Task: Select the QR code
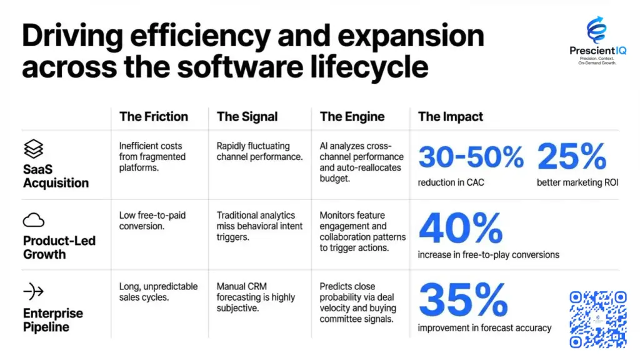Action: pyautogui.click(x=597, y=319)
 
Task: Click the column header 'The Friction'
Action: pyautogui.click(x=153, y=116)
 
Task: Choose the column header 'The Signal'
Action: pyautogui.click(x=247, y=116)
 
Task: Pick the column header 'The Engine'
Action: pyautogui.click(x=352, y=116)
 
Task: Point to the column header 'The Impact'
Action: pyautogui.click(x=450, y=116)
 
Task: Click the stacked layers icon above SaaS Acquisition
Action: pyautogui.click(x=33, y=149)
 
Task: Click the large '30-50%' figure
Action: pyautogui.click(x=471, y=157)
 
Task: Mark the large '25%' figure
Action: pyautogui.click(x=571, y=157)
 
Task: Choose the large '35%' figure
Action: pyautogui.click(x=462, y=300)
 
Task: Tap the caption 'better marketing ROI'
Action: pyautogui.click(x=577, y=182)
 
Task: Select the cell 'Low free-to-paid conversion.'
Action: pyautogui.click(x=152, y=221)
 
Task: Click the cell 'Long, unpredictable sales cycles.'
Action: pyautogui.click(x=157, y=292)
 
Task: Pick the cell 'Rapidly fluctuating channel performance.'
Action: pyautogui.click(x=259, y=151)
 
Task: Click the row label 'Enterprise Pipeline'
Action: pyautogui.click(x=52, y=320)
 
